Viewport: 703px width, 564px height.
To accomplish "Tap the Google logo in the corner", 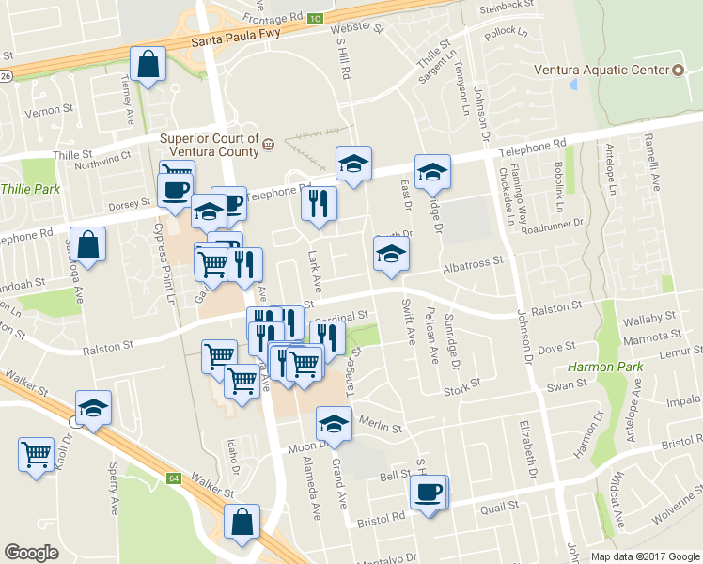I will click(31, 554).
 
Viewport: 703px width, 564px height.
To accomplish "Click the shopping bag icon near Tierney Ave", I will click(148, 66).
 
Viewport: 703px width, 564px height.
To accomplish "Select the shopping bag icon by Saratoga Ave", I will click(86, 246).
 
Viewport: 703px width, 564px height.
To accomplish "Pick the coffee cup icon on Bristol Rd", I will click(429, 493).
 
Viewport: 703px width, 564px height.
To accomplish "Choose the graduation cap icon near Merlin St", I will click(333, 424).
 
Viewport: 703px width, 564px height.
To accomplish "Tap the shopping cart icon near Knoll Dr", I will click(36, 455).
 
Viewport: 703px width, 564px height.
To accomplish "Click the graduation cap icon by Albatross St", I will click(391, 254).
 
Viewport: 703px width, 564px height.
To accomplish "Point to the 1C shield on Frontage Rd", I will click(315, 18).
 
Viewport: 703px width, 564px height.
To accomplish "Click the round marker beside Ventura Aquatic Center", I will click(679, 70).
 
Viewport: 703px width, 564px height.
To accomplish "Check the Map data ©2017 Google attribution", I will click(645, 556).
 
